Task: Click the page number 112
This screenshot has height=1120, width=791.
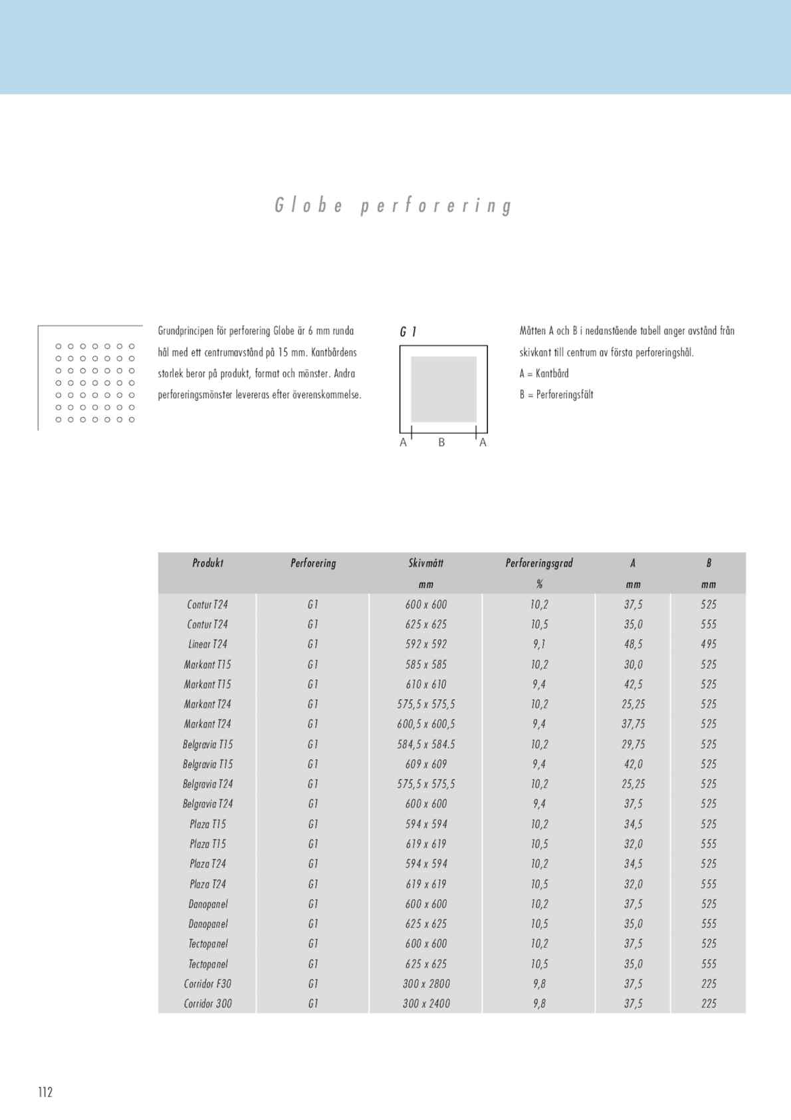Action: (x=45, y=1091)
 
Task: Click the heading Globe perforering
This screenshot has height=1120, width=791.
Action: (x=394, y=206)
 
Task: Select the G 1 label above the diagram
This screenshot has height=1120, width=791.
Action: (x=408, y=332)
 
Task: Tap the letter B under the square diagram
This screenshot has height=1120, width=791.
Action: (x=441, y=442)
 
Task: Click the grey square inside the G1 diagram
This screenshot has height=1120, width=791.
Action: (x=443, y=389)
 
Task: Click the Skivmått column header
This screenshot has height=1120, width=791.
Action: (x=425, y=563)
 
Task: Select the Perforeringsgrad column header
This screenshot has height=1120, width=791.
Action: (x=538, y=563)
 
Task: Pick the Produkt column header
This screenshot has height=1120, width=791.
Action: (x=207, y=563)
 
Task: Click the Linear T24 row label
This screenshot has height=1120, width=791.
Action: (x=207, y=644)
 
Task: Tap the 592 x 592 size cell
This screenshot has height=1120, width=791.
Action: (x=425, y=644)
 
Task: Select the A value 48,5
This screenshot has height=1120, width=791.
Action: (x=633, y=644)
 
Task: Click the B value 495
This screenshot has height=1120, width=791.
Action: (x=708, y=644)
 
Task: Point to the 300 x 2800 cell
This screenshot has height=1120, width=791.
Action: (x=425, y=984)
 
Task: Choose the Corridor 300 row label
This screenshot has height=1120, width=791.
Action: (x=207, y=1004)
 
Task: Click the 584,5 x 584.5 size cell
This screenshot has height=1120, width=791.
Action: (x=425, y=744)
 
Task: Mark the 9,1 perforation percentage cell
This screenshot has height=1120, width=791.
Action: (x=538, y=644)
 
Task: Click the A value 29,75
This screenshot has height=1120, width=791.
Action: (x=633, y=744)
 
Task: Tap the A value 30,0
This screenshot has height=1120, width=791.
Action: (x=633, y=664)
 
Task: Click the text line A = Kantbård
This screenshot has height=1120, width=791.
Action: (x=544, y=374)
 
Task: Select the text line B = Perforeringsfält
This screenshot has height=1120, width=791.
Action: (x=556, y=394)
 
